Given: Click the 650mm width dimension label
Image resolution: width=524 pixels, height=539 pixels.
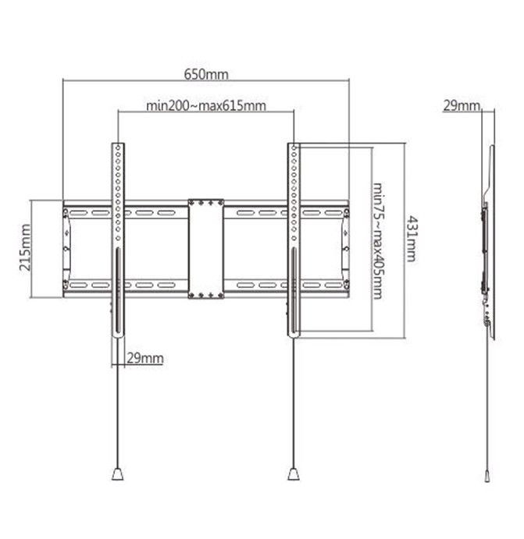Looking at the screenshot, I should pyautogui.click(x=206, y=74).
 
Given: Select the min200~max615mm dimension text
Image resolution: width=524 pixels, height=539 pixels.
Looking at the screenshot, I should pyautogui.click(x=205, y=105).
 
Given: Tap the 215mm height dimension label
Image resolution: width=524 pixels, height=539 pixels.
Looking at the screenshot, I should pyautogui.click(x=27, y=248).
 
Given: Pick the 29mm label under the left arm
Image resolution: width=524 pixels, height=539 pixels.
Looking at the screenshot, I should pyautogui.click(x=144, y=358).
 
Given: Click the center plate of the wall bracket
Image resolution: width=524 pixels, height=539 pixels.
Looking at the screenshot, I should pyautogui.click(x=206, y=248).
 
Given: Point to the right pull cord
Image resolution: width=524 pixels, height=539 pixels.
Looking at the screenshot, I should pyautogui.click(x=293, y=406).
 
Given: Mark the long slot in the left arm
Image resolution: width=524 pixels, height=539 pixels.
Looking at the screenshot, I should pyautogui.click(x=118, y=293).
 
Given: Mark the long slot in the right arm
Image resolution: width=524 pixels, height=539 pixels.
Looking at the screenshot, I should pyautogui.click(x=293, y=293).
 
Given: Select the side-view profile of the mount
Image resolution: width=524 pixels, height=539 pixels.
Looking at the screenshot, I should pyautogui.click(x=487, y=242).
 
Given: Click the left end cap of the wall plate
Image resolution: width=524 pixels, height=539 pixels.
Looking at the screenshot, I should pyautogui.click(x=68, y=248).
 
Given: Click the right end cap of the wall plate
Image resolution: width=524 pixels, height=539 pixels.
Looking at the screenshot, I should pyautogui.click(x=344, y=248).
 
